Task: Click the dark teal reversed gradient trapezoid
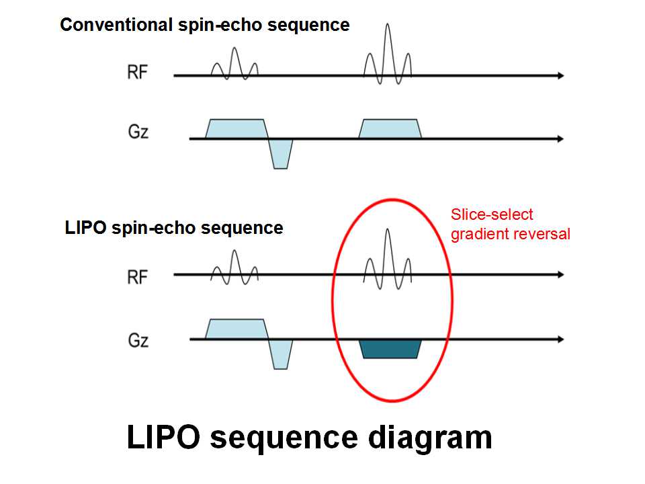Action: point(390,349)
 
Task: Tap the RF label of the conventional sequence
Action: point(137,73)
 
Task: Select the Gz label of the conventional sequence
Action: point(137,132)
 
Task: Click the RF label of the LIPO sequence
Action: point(137,276)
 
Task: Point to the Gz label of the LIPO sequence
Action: point(137,341)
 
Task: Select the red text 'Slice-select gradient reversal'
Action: point(511,225)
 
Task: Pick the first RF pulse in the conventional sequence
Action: point(234,66)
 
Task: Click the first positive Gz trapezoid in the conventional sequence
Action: point(235,128)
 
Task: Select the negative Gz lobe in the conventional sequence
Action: point(281,153)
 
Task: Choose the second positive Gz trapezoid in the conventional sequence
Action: point(390,128)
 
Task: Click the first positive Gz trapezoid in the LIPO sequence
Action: point(235,329)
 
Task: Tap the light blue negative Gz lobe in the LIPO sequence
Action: point(281,354)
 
